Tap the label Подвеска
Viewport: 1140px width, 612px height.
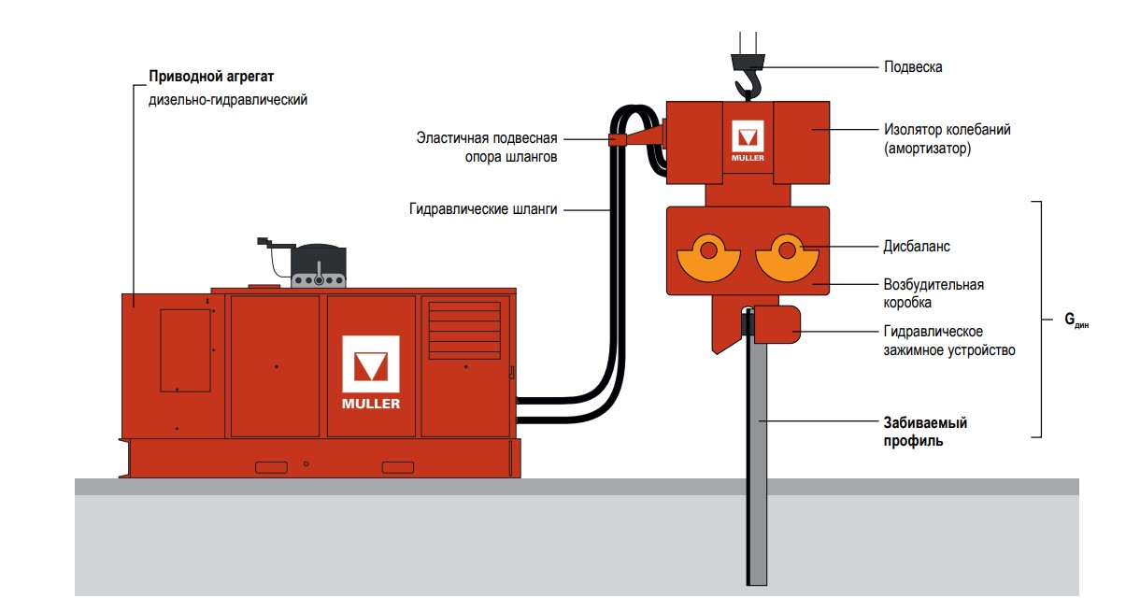pos(913,67)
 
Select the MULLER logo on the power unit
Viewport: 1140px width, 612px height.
pos(370,372)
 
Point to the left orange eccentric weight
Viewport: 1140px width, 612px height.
pos(708,258)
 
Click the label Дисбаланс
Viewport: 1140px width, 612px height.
pos(917,247)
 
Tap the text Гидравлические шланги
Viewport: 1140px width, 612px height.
pos(482,209)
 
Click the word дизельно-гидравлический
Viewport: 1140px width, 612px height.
pos(227,98)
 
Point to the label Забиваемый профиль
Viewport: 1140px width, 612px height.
pos(925,432)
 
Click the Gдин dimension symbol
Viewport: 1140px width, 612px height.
pos(1076,320)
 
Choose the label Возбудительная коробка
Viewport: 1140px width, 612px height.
pos(933,293)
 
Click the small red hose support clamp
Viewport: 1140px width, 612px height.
pos(618,139)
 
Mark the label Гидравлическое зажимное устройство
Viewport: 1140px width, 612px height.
pos(948,341)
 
